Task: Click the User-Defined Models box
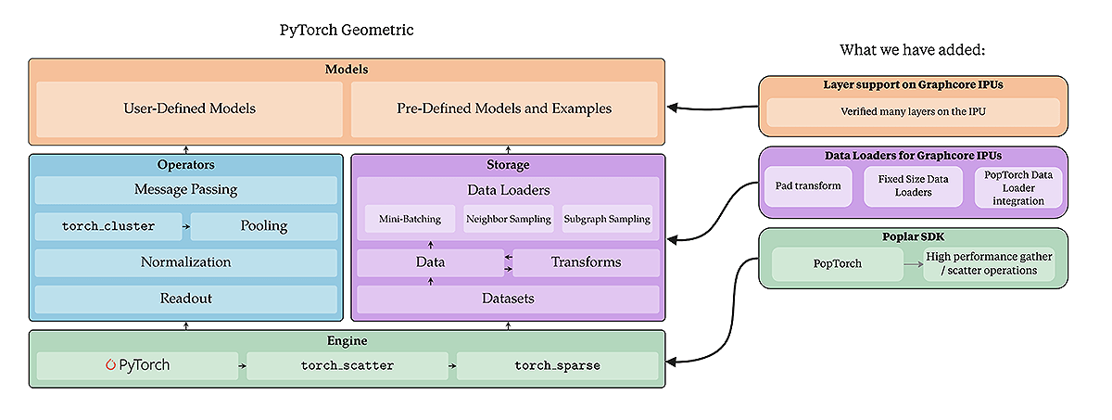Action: click(x=189, y=108)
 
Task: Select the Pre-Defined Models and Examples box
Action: click(x=504, y=108)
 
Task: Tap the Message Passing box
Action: click(x=186, y=190)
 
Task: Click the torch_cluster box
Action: click(x=108, y=226)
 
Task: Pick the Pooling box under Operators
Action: click(x=264, y=226)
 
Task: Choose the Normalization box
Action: click(x=186, y=262)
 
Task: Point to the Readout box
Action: click(x=186, y=299)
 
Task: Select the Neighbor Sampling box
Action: click(x=508, y=220)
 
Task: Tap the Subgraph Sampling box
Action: click(x=606, y=220)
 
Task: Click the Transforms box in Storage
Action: click(x=586, y=262)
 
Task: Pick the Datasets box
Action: click(x=508, y=299)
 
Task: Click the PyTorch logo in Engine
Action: click(x=137, y=365)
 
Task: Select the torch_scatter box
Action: click(x=347, y=365)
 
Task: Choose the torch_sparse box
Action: click(x=557, y=365)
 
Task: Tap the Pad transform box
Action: click(x=808, y=186)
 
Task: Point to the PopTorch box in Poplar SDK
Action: click(x=838, y=263)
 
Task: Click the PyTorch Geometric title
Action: click(x=347, y=30)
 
